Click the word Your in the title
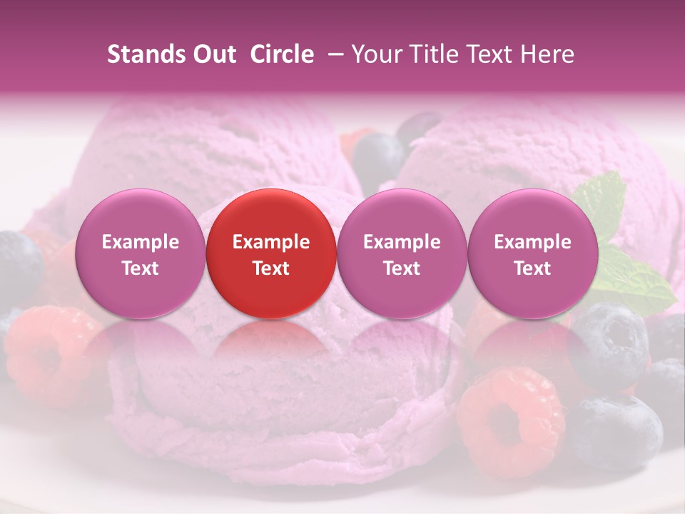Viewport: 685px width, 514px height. [375, 54]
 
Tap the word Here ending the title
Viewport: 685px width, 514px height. [548, 54]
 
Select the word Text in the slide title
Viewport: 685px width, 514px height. [487, 54]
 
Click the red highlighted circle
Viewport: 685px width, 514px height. [271, 253]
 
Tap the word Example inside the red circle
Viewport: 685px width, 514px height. [271, 242]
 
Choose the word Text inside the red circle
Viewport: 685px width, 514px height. [271, 268]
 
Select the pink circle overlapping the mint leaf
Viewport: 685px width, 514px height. [532, 253]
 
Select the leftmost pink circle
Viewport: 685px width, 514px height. [140, 253]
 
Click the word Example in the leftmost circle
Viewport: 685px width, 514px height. [140, 242]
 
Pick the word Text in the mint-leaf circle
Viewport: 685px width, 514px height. [532, 268]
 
